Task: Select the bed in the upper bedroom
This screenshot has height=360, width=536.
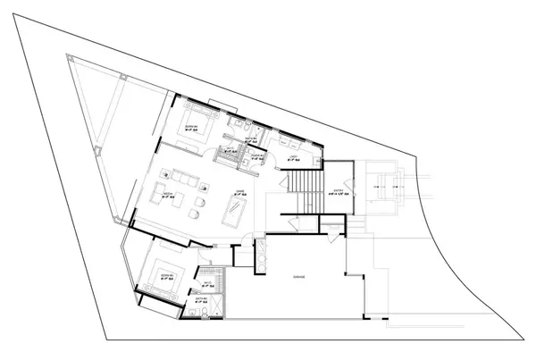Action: pos(197,122)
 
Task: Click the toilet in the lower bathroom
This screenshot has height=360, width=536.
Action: pos(193,314)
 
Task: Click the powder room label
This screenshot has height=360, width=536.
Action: pos(257,155)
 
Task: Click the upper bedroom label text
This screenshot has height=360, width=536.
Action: pos(190,130)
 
